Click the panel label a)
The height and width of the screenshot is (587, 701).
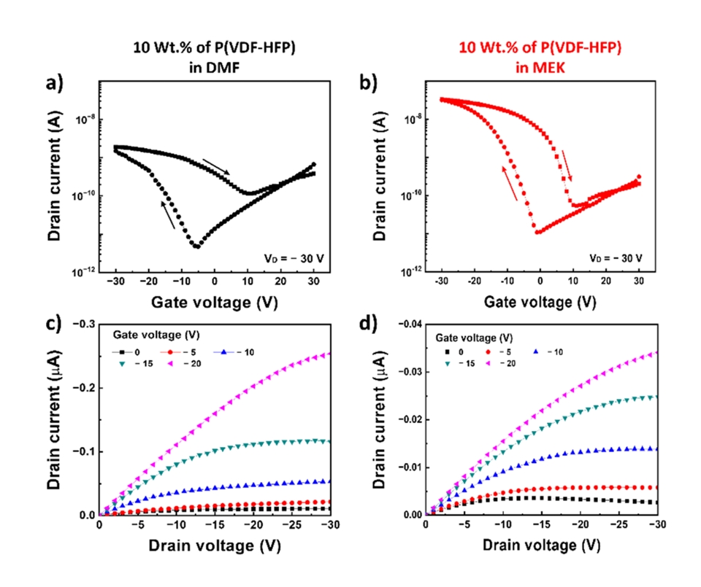(x=57, y=82)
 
